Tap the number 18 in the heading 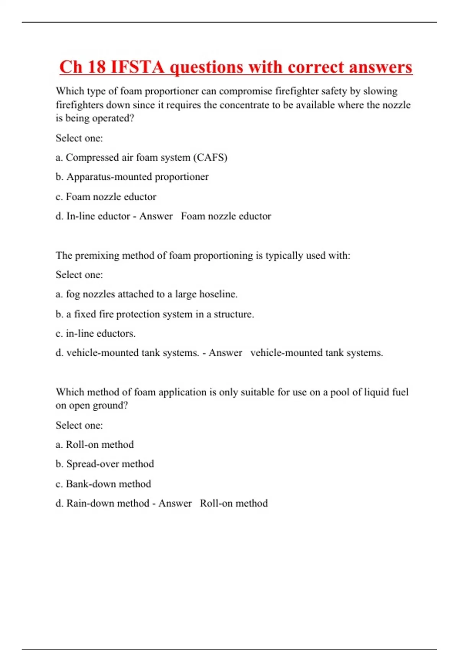pyautogui.click(x=96, y=67)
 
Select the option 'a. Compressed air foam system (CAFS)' pyautogui.click(x=142, y=158)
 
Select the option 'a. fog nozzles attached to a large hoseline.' pyautogui.click(x=146, y=294)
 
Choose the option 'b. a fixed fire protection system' pyautogui.click(x=155, y=314)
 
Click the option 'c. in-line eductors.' pyautogui.click(x=96, y=333)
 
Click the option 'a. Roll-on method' pyautogui.click(x=95, y=445)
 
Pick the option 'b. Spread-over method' pyautogui.click(x=105, y=464)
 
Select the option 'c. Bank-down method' pyautogui.click(x=103, y=484)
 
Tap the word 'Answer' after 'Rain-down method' pyautogui.click(x=175, y=503)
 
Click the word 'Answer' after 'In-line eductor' pyautogui.click(x=156, y=216)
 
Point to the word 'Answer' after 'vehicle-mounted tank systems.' pyautogui.click(x=225, y=353)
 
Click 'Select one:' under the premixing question pyautogui.click(x=79, y=275)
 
